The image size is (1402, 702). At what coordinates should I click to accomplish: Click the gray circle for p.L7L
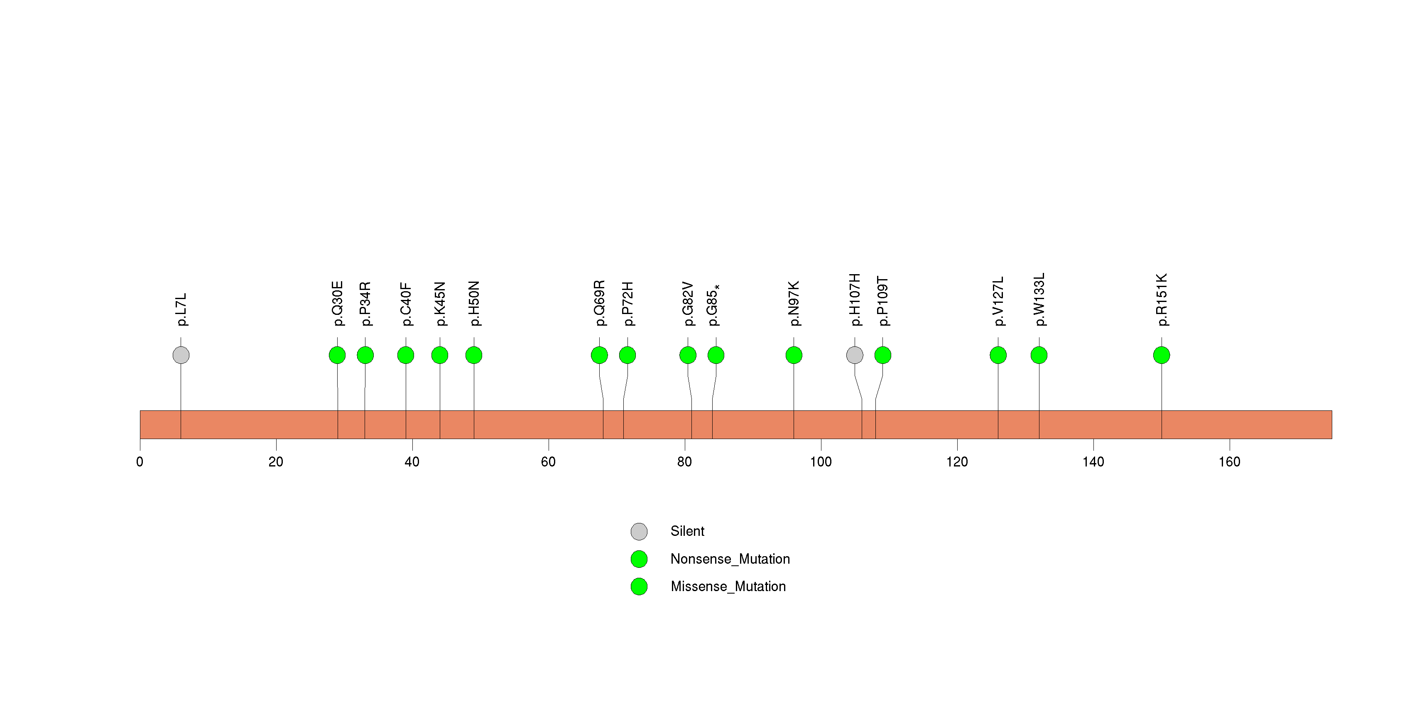click(181, 355)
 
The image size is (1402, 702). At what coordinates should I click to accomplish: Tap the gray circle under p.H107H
click(855, 355)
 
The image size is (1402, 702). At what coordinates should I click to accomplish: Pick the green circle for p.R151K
click(1162, 355)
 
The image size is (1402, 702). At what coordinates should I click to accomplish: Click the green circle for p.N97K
click(794, 355)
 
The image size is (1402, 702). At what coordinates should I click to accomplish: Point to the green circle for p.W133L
click(1039, 355)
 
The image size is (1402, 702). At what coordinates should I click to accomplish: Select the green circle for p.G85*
click(716, 355)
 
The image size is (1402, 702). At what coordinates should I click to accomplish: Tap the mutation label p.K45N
click(440, 304)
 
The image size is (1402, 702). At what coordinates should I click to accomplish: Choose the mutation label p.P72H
click(627, 304)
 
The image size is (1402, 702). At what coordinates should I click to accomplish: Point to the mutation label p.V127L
click(998, 302)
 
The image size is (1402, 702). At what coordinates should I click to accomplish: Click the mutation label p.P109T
click(883, 302)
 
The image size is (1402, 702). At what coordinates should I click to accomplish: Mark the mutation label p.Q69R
click(599, 303)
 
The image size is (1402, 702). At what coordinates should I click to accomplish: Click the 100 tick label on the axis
click(821, 462)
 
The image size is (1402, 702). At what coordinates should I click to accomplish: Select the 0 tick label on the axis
click(140, 462)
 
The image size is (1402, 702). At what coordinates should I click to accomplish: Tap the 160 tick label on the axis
click(1230, 462)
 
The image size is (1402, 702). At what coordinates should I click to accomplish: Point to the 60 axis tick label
click(548, 462)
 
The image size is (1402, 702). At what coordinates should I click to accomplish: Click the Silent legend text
click(687, 531)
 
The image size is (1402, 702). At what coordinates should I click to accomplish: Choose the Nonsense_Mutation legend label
click(730, 559)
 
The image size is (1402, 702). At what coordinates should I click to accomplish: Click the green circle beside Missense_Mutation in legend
click(639, 586)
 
